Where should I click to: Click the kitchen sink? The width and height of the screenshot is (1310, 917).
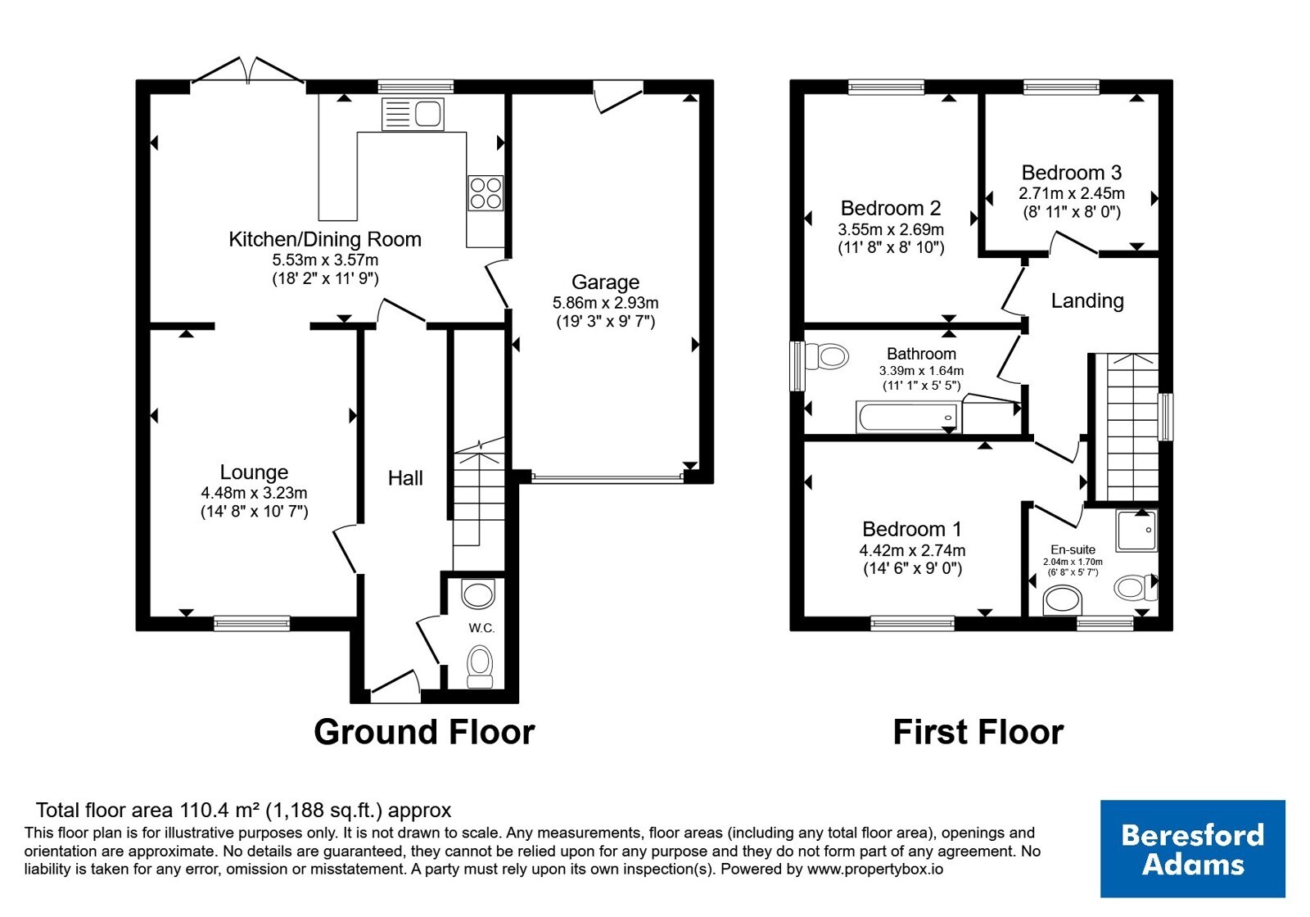(413, 114)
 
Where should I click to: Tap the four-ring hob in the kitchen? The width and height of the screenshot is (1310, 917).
(486, 193)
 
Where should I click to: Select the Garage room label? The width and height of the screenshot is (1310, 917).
(605, 282)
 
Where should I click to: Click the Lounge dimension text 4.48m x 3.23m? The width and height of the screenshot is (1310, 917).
(255, 493)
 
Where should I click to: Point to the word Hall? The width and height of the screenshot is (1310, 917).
(405, 478)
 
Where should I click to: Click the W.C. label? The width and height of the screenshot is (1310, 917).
(481, 628)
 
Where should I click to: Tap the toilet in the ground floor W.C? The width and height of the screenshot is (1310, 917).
(480, 666)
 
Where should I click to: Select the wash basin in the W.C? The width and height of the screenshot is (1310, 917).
(478, 594)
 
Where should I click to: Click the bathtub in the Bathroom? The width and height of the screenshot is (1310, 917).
(908, 417)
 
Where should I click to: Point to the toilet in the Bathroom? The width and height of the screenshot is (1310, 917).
(827, 356)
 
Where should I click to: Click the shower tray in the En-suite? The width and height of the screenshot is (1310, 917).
(1136, 531)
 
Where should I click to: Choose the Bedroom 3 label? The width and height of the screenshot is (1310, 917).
(1072, 173)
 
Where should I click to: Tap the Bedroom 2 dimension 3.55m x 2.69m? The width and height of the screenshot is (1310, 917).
(891, 229)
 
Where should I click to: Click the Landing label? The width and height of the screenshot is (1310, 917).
(1087, 300)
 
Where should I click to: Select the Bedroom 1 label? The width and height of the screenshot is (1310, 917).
(912, 529)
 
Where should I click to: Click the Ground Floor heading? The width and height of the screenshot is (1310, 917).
(425, 732)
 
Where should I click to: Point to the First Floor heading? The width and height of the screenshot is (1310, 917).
(978, 732)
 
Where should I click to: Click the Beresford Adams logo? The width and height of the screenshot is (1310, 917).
(1192, 848)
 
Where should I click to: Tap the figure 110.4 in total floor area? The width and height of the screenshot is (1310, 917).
(201, 811)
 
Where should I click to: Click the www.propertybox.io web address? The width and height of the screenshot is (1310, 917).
(875, 869)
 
